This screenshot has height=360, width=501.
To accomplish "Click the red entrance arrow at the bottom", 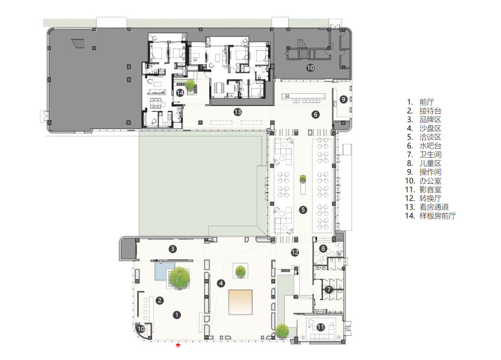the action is [x=178, y=345].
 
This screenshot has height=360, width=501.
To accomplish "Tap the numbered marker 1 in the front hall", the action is [x=177, y=315].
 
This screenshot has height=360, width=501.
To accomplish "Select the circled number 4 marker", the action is [x=221, y=283].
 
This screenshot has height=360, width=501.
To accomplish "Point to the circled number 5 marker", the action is [x=303, y=210].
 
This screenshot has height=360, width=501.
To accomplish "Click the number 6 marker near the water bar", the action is [x=316, y=115].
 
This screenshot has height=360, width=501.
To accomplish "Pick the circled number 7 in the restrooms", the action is [x=329, y=290].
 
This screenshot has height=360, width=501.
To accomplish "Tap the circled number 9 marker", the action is [x=343, y=99].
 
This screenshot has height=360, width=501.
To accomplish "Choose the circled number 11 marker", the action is [x=321, y=327].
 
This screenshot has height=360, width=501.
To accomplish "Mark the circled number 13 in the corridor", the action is [x=238, y=112].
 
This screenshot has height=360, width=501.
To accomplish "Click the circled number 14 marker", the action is [x=180, y=93].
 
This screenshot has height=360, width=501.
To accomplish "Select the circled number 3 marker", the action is [x=173, y=249].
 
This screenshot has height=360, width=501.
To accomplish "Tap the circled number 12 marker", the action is [x=295, y=252].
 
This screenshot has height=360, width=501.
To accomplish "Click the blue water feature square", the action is [x=161, y=271].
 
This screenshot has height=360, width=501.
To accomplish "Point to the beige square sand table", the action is [x=240, y=302].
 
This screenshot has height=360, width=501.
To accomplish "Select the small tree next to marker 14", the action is [x=190, y=84].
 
